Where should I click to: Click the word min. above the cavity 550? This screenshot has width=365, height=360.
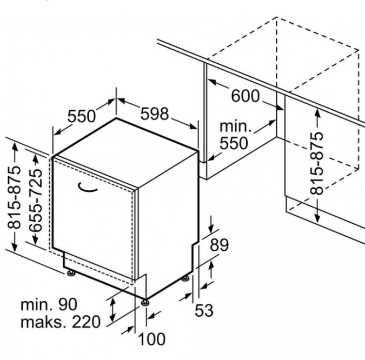point(236,127)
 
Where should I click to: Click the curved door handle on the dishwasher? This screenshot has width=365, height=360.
point(87,188)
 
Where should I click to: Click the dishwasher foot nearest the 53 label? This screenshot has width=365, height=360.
point(185,278)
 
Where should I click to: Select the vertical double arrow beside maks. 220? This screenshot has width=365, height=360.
point(112,310)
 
